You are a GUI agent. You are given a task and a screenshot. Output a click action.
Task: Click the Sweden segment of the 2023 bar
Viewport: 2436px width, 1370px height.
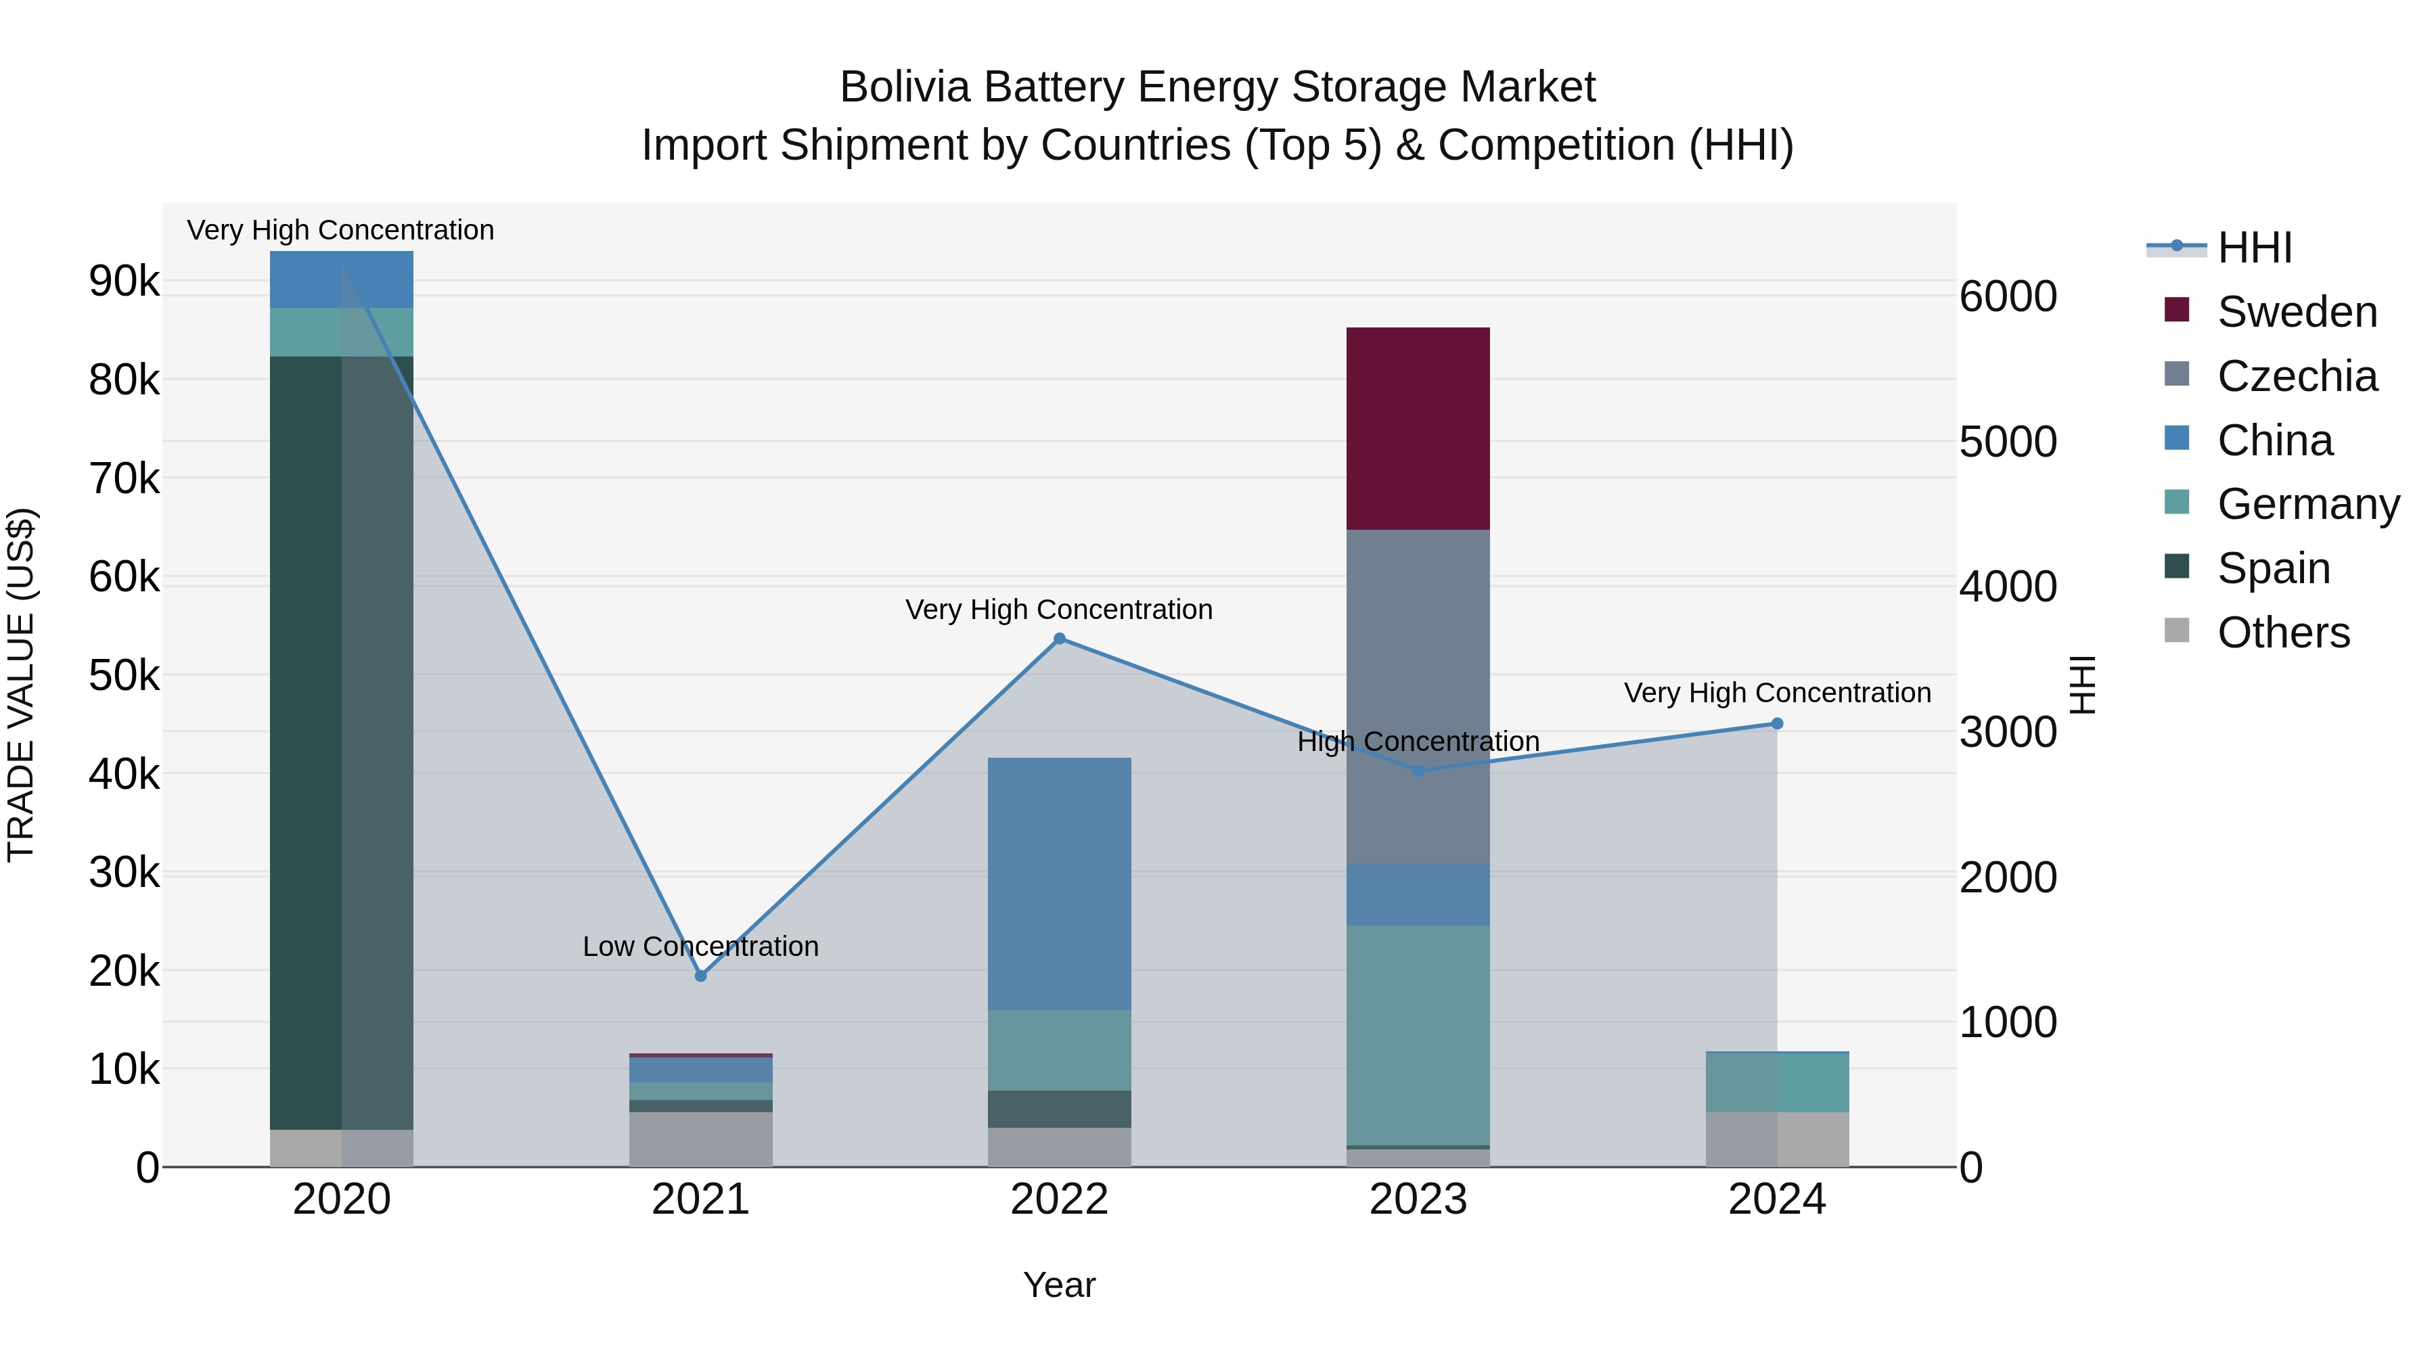(1418, 428)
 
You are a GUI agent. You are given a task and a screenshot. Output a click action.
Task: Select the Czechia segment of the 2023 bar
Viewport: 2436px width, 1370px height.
(1418, 696)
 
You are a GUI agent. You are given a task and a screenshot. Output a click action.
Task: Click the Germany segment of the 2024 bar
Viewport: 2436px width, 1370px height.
(1777, 1082)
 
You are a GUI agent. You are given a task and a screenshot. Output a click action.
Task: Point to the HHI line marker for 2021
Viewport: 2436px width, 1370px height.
(701, 976)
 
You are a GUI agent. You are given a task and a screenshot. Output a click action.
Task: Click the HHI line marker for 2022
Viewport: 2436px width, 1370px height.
(1059, 639)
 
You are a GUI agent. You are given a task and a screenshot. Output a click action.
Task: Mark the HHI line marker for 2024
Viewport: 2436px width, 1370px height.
(1777, 724)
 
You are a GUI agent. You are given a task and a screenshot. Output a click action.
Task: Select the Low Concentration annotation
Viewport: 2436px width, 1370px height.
(701, 946)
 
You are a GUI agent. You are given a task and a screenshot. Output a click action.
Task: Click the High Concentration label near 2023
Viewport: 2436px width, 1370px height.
(1418, 742)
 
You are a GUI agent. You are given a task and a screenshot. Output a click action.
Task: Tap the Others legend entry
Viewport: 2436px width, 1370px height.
(2283, 633)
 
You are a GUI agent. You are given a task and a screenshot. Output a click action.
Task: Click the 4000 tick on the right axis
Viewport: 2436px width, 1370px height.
(2008, 587)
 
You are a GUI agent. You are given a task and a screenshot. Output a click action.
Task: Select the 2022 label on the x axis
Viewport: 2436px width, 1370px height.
(1059, 1200)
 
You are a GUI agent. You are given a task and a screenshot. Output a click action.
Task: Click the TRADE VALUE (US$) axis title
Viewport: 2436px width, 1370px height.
(22, 685)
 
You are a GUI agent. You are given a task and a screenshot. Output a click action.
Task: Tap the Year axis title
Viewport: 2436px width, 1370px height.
(1059, 1285)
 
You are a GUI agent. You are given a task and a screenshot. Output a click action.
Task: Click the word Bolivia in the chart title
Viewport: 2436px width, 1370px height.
(905, 87)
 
